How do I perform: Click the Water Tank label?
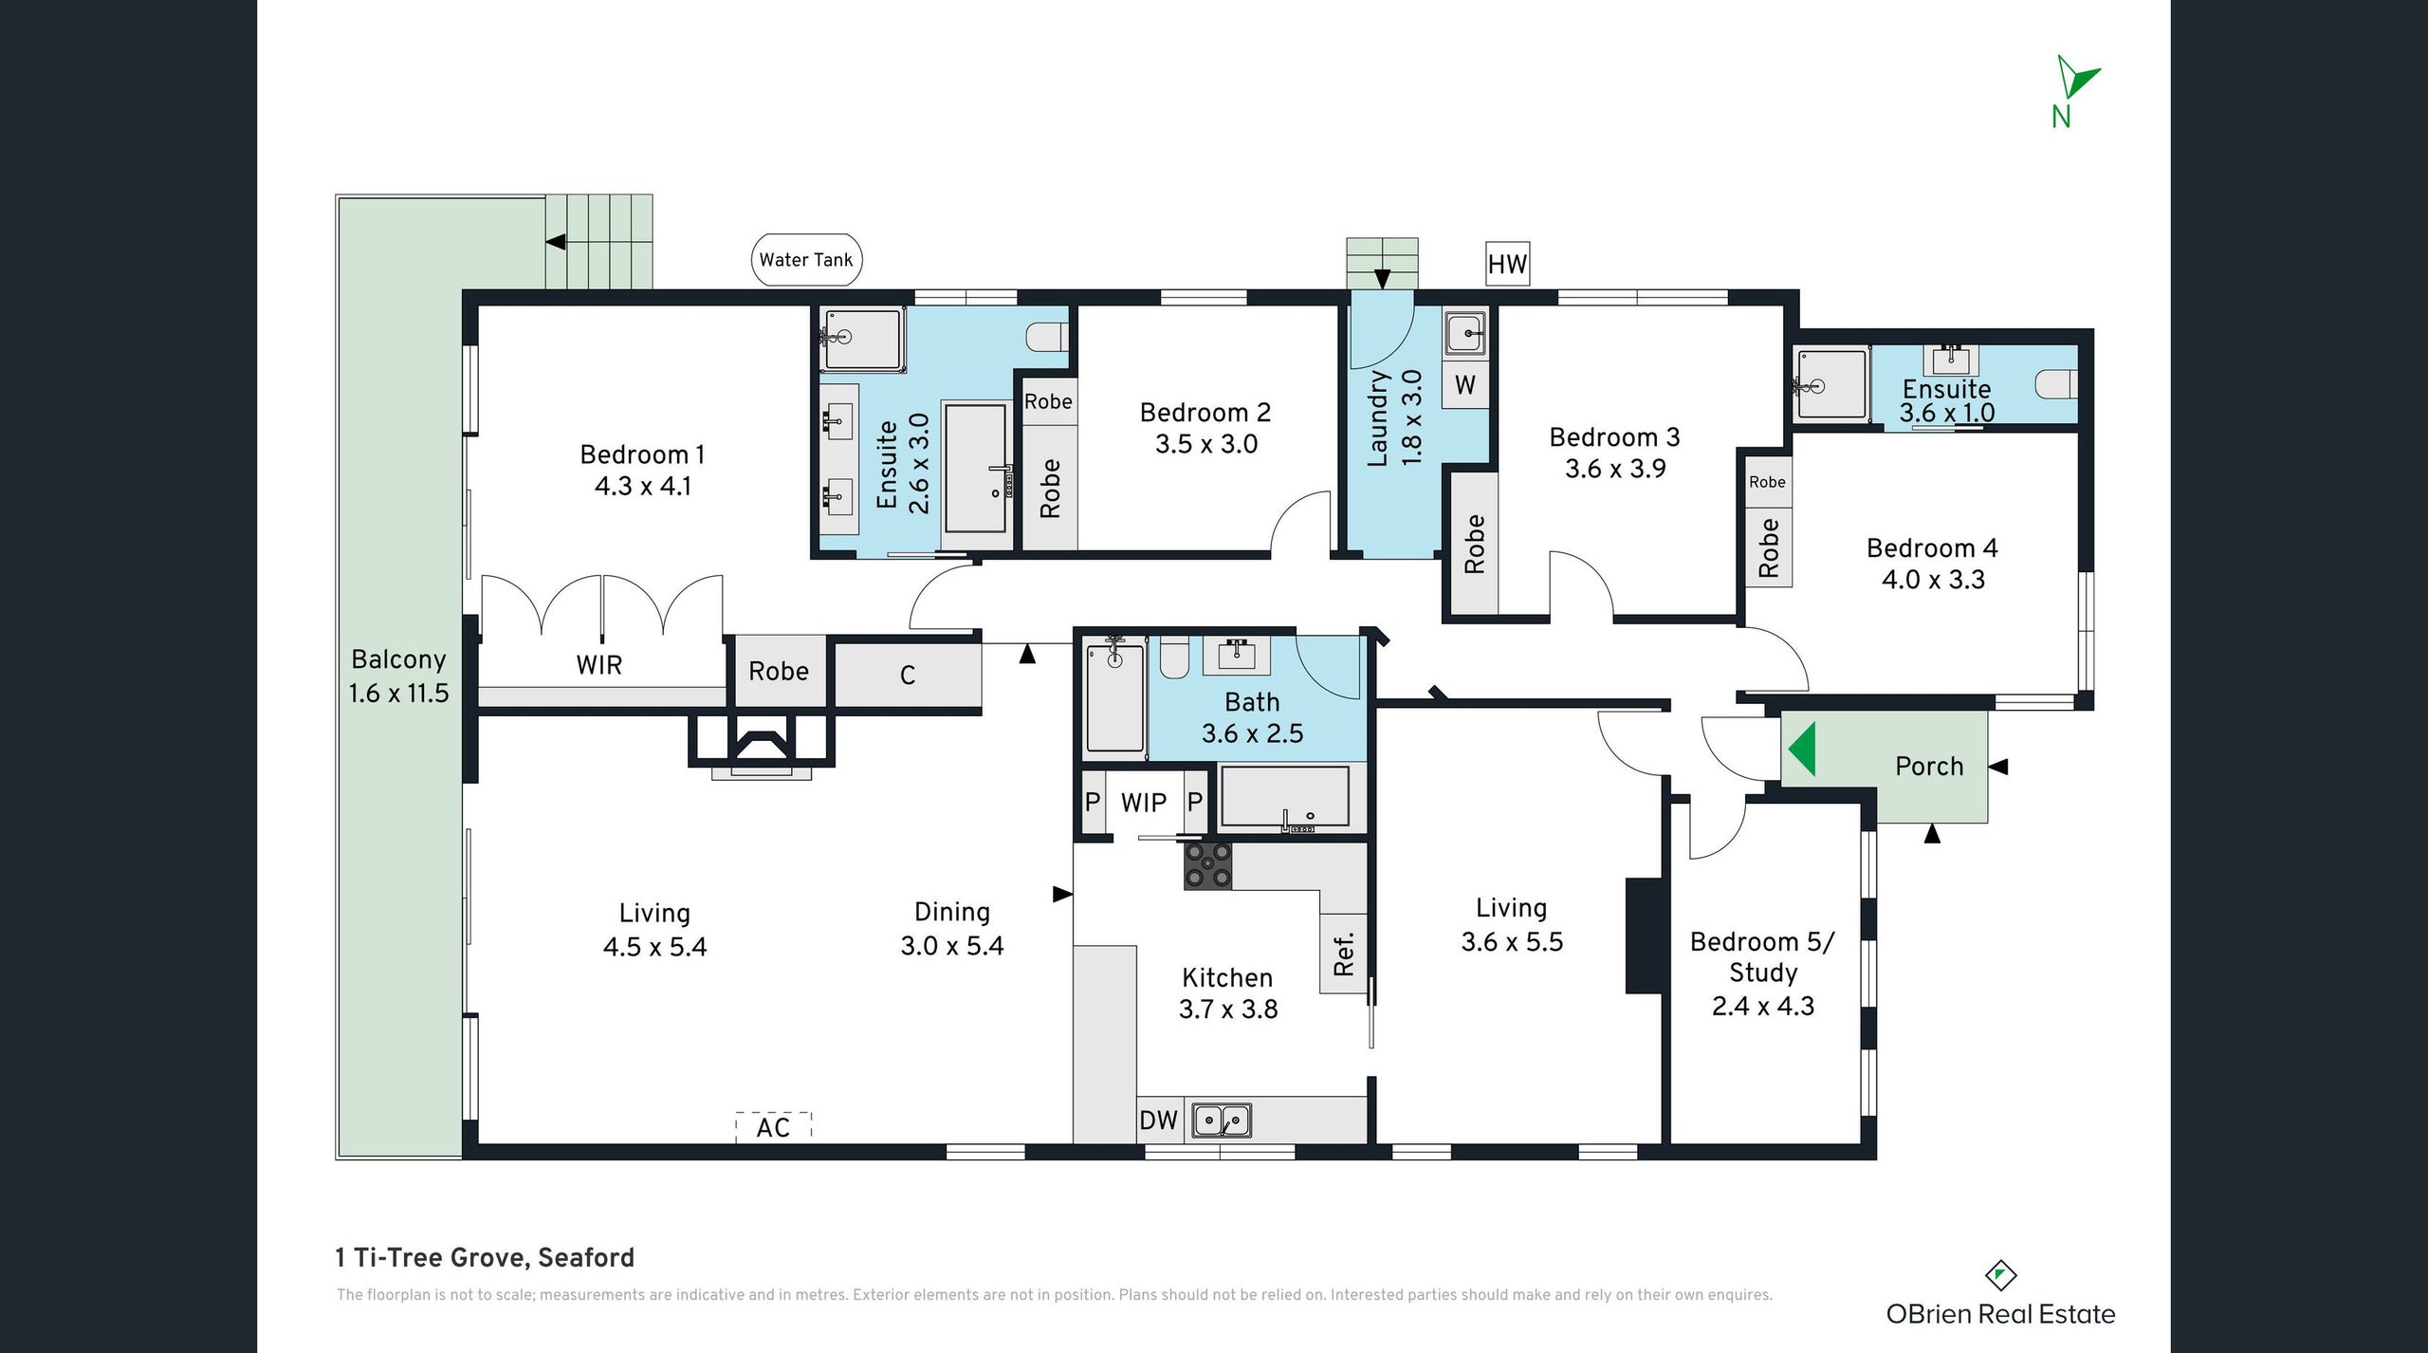806,260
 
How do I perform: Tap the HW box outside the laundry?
1507,264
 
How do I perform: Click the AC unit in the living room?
774,1126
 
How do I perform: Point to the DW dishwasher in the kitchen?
1158,1121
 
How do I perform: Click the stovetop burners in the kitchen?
1208,865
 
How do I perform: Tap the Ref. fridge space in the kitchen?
1344,954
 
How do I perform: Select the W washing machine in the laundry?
1465,385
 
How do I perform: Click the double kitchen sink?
1222,1121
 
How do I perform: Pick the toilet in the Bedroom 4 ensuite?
2056,384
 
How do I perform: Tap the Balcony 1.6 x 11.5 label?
398,676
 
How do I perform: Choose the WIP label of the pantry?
1143,803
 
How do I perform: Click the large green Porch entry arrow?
1802,750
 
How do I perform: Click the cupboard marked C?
908,675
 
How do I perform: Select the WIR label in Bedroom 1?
599,665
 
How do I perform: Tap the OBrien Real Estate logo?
2000,1295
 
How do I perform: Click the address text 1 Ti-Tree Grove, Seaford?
485,1257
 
